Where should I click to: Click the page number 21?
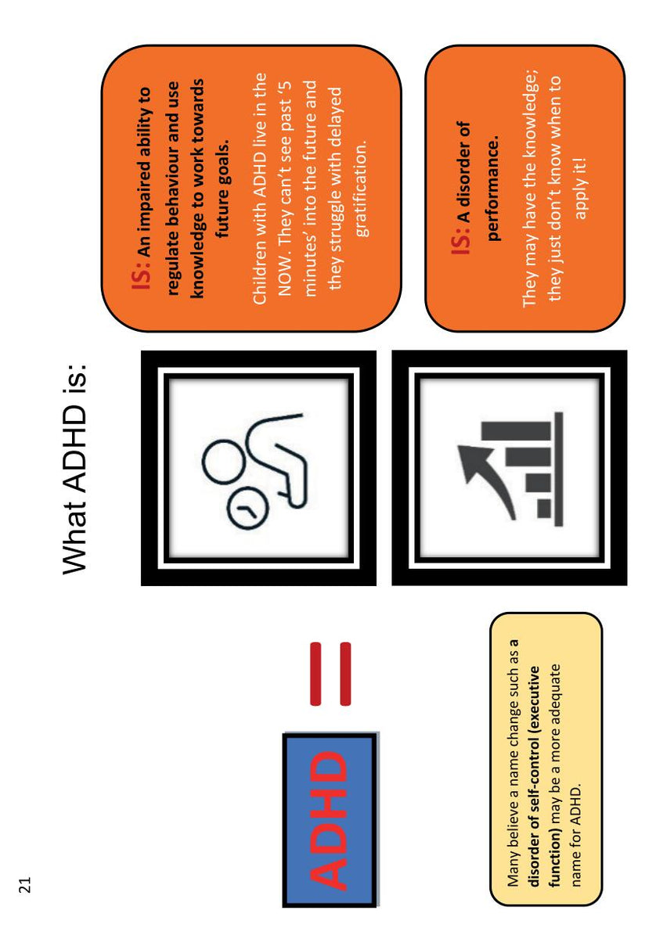tap(25, 883)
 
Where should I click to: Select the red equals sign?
tap(331, 672)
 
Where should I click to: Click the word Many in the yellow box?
tap(513, 869)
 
